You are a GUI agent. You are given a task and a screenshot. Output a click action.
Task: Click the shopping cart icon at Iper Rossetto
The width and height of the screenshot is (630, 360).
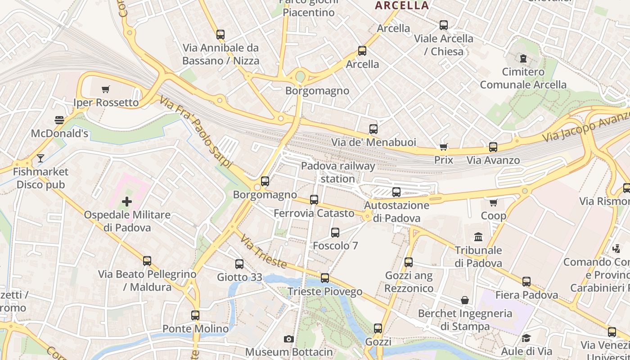(105, 90)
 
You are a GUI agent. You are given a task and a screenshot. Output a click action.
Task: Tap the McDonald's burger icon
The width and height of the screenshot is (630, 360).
(59, 120)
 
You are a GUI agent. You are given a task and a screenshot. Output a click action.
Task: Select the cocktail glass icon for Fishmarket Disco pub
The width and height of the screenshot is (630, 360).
(40, 158)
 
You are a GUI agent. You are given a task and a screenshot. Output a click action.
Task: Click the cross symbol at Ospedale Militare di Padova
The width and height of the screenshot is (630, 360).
(127, 201)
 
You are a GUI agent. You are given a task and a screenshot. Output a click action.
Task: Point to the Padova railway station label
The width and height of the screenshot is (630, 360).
(337, 172)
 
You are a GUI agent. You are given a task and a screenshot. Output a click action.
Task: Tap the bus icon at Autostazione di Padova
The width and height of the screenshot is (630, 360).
(396, 192)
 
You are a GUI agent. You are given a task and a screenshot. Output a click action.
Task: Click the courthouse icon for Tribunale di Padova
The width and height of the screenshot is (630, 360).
(478, 237)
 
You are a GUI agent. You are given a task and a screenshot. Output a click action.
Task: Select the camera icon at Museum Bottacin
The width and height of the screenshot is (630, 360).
(288, 339)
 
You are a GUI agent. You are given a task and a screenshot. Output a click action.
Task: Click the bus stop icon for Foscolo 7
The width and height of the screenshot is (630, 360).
(335, 233)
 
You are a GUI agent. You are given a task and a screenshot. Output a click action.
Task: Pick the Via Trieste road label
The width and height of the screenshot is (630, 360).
(263, 251)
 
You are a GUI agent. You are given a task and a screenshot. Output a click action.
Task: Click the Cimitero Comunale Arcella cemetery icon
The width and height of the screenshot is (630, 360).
(523, 58)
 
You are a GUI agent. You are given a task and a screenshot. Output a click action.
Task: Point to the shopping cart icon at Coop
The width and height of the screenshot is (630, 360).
(494, 202)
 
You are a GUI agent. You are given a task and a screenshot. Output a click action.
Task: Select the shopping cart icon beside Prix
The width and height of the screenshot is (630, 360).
(443, 147)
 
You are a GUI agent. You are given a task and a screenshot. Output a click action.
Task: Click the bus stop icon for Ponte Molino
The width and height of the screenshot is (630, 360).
(195, 315)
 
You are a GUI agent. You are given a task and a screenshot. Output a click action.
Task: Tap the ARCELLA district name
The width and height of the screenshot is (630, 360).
(402, 5)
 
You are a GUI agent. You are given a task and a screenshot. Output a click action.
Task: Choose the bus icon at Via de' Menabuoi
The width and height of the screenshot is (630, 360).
(373, 129)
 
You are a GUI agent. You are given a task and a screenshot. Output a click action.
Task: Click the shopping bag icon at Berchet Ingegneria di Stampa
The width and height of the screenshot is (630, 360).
(465, 300)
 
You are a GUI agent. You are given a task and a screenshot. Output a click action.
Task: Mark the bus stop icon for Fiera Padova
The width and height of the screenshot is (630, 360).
(526, 282)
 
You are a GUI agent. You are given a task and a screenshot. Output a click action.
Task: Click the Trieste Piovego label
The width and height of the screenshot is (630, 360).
(325, 292)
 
